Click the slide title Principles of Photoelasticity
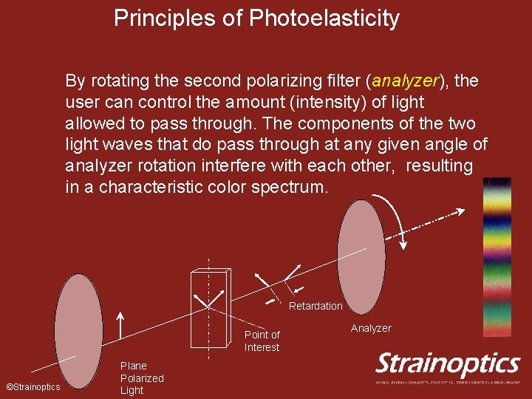pyautogui.click(x=256, y=18)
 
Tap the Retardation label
pyautogui.click(x=316, y=306)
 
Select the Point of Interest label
pyautogui.click(x=262, y=341)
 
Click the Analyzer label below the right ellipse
pyautogui.click(x=371, y=328)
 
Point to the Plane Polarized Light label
pyautogui.click(x=142, y=378)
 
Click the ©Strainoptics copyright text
pyautogui.click(x=33, y=387)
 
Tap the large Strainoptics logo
pyautogui.click(x=448, y=364)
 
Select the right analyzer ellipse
pyautogui.click(x=361, y=251)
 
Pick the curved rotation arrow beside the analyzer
pyautogui.click(x=395, y=218)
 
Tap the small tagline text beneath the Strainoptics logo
pyautogui.click(x=448, y=382)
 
